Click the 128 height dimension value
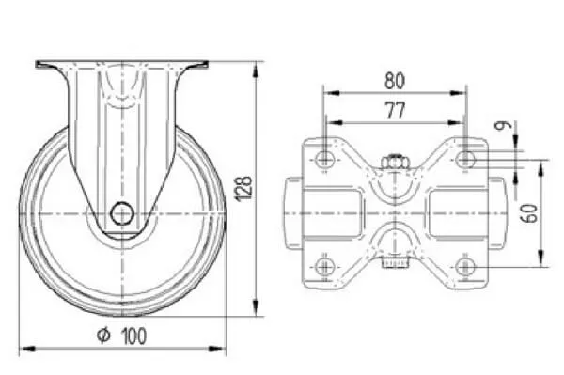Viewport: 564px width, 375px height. (244, 188)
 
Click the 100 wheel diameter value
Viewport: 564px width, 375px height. (134, 336)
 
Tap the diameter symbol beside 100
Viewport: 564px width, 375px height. (103, 336)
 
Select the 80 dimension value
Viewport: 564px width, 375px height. (395, 81)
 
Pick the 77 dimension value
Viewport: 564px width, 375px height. (396, 110)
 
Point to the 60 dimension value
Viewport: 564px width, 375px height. (531, 213)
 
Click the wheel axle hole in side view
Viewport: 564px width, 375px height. (122, 213)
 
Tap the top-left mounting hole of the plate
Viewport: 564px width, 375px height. (324, 159)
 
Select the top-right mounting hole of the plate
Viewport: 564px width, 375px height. (465, 159)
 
